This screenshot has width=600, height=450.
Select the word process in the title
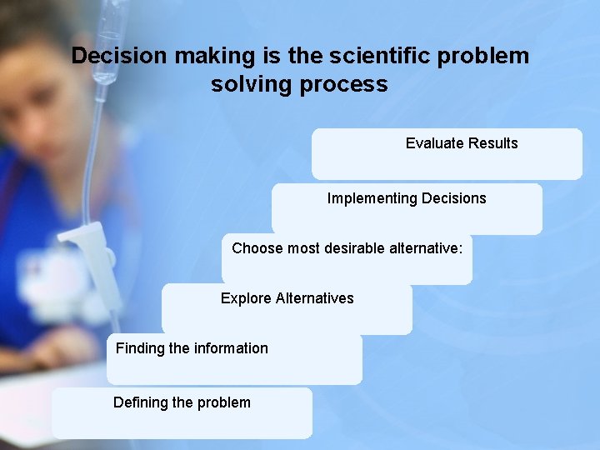349,84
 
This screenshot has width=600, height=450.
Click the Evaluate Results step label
462,143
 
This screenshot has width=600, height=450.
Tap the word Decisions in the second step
453,198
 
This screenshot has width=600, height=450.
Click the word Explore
246,298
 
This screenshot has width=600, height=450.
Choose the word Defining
141,402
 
